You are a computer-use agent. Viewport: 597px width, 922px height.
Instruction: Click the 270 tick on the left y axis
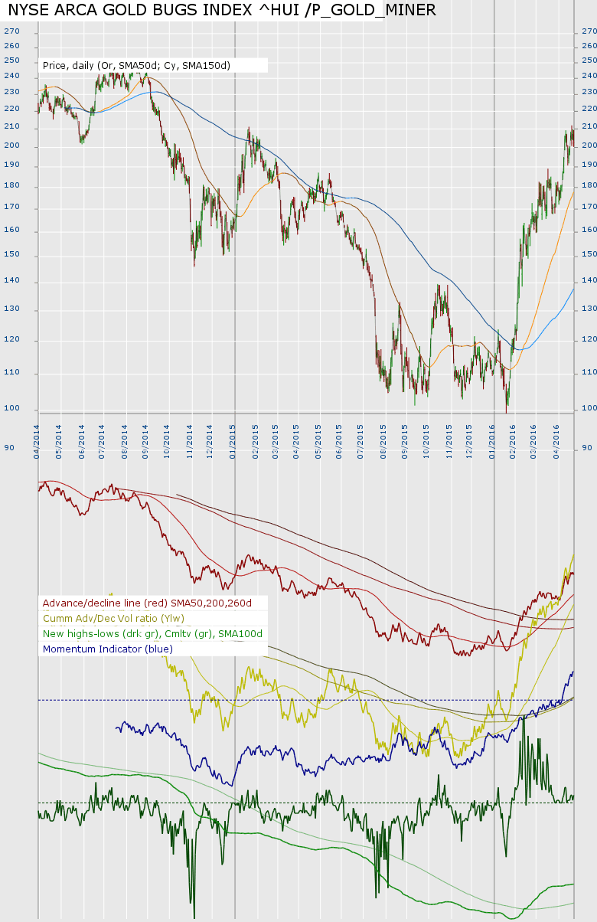click(x=11, y=31)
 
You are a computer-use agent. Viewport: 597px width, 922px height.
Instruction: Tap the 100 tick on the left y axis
click(x=11, y=408)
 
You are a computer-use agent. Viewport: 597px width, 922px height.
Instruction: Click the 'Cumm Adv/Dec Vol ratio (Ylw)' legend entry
click(x=113, y=619)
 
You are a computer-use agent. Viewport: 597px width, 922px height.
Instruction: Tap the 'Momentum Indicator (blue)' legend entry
click(x=108, y=649)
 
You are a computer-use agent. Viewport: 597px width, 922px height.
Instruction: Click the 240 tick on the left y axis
click(x=11, y=76)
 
